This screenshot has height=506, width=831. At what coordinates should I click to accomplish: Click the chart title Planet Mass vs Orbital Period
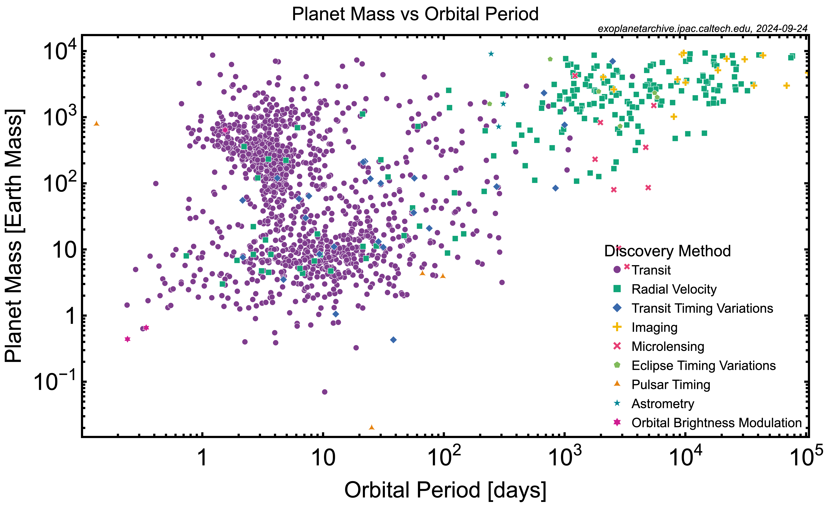tap(415, 14)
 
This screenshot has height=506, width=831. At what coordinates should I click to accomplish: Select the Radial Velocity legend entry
tap(674, 289)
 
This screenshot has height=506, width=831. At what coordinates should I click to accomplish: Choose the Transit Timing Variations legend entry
tap(702, 308)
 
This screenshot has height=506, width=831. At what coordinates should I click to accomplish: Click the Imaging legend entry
tap(654, 327)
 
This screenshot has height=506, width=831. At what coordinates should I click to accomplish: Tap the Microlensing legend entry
tap(668, 346)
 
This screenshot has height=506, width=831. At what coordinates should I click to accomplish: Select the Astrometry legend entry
tap(663, 403)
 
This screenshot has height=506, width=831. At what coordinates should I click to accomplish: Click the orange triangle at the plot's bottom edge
tap(372, 427)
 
